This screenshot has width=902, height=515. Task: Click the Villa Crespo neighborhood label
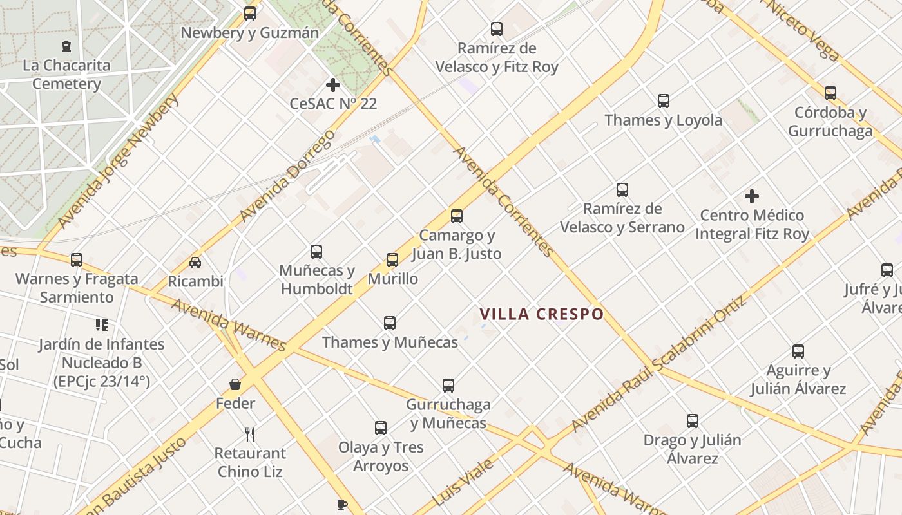coord(541,314)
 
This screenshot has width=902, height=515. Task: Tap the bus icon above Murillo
coord(392,260)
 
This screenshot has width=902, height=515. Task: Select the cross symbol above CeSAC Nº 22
coord(332,84)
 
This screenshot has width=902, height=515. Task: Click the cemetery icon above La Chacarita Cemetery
coord(66,46)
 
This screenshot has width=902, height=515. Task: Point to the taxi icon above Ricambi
coord(195,262)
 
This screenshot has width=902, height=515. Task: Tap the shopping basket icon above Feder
coord(235,384)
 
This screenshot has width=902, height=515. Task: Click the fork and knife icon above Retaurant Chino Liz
coord(250,435)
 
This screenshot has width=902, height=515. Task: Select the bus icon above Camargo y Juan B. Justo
coord(457,216)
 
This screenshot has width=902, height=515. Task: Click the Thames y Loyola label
coord(663,120)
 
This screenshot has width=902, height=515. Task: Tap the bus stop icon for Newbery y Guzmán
coord(249,13)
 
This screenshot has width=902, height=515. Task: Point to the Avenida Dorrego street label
coord(287,175)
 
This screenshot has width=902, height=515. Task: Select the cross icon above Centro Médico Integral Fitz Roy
coord(751,196)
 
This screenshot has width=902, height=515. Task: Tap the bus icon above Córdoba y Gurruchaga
coord(830,93)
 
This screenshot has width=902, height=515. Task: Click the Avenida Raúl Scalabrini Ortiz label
coord(658,364)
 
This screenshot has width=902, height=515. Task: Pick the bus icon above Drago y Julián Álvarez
coord(693,421)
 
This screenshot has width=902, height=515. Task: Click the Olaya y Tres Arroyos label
coord(381,456)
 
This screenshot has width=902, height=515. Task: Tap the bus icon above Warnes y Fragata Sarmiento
coord(77,260)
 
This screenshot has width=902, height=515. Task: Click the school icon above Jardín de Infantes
coord(101,325)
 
